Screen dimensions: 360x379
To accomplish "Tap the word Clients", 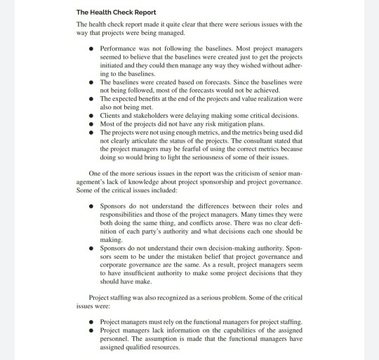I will (x=111, y=114).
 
